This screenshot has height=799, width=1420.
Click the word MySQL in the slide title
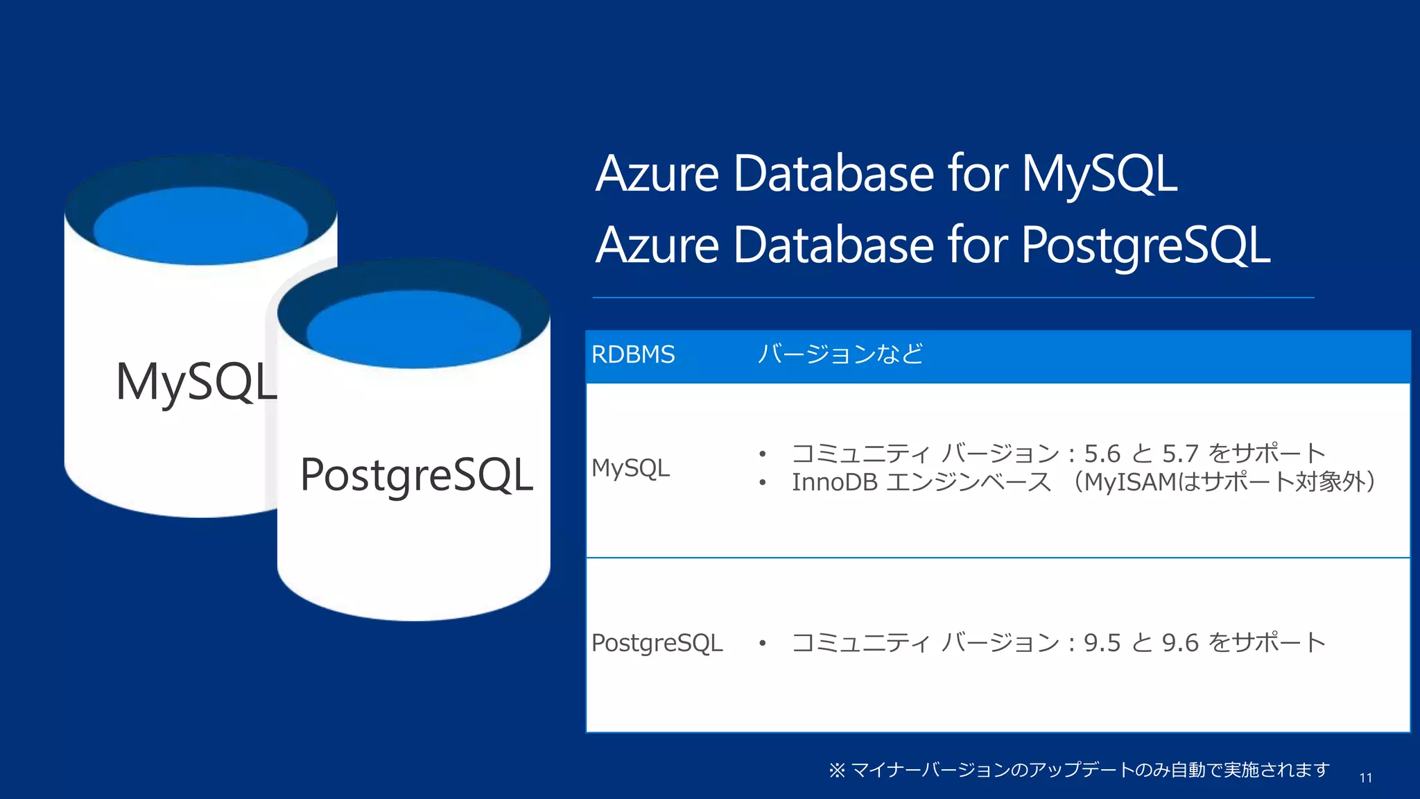(1099, 173)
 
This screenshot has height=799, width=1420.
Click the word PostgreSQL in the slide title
(1145, 246)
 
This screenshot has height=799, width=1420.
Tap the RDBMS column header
(632, 354)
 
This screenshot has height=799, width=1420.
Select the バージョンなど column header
(840, 354)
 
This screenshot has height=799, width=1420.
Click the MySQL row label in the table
(630, 468)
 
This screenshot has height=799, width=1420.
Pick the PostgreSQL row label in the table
(657, 643)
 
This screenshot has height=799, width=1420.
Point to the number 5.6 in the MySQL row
(1102, 454)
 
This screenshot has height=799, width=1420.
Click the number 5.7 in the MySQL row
(1180, 454)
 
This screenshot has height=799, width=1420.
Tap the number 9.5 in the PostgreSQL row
(1102, 643)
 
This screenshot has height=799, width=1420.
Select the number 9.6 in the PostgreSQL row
(1180, 643)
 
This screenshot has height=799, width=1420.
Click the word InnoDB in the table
(835, 482)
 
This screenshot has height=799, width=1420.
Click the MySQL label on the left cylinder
(196, 381)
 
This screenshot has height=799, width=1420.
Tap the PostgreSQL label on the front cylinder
(417, 475)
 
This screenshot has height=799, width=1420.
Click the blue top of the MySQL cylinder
(200, 225)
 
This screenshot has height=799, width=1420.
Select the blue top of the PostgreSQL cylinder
(414, 329)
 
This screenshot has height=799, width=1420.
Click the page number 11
(1365, 778)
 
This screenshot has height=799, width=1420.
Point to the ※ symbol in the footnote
(837, 770)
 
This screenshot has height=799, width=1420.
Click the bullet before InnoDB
(762, 483)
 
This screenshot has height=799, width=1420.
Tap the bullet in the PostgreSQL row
(762, 644)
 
